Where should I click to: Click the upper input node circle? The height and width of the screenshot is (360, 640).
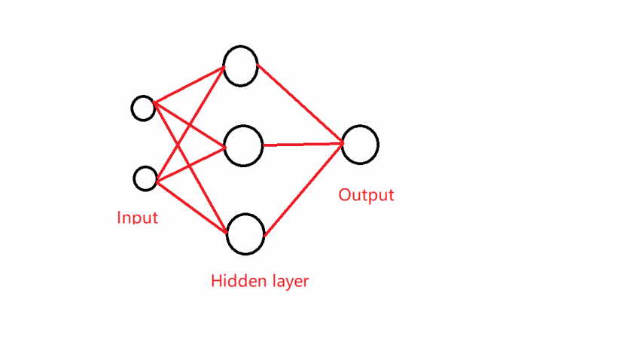143,108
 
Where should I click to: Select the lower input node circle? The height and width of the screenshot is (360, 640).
145,179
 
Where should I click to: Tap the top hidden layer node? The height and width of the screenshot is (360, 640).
240,66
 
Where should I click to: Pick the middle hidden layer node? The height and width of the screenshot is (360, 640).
243,145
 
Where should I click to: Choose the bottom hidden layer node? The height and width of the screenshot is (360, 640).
245,234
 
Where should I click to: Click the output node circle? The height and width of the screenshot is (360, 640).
360,145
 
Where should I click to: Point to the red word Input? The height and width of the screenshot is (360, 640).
138,218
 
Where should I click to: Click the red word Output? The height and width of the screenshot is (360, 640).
366,195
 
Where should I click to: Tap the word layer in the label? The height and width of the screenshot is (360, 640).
287,282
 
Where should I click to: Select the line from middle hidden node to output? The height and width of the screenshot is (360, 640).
301,144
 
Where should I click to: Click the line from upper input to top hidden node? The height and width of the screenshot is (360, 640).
189,85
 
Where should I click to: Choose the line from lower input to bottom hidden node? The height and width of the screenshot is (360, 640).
191,203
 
